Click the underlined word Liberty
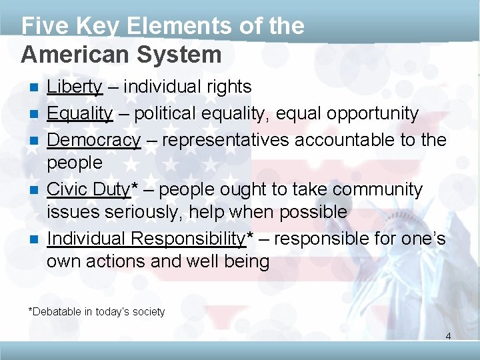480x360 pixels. (x=74, y=87)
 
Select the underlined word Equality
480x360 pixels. (x=79, y=114)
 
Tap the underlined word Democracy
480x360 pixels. (x=93, y=141)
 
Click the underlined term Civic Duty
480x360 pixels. (x=89, y=190)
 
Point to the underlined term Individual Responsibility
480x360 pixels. (x=146, y=239)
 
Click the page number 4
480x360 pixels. (x=448, y=336)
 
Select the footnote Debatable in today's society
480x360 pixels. (x=97, y=311)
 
